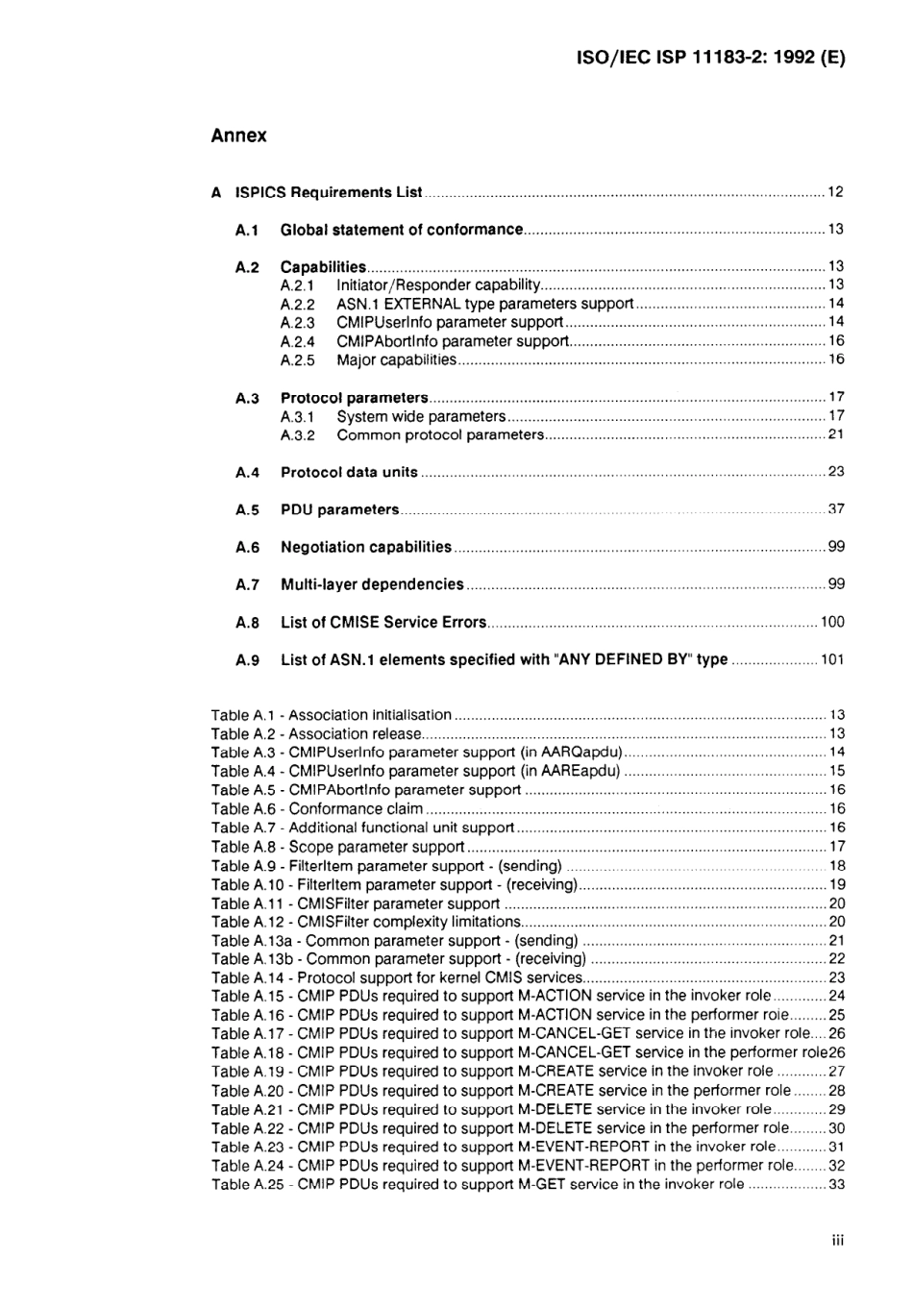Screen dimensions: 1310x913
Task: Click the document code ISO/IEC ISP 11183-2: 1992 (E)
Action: (x=710, y=57)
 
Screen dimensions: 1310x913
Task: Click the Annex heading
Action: (x=238, y=136)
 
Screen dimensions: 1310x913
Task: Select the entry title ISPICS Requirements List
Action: (x=329, y=192)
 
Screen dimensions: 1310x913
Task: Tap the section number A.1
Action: (x=247, y=230)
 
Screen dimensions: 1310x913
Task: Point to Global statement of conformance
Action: (x=401, y=230)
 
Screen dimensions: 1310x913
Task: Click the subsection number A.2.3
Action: (x=297, y=323)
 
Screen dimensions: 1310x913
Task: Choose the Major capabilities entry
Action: (x=396, y=360)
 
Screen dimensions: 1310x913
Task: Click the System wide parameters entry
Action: (x=420, y=416)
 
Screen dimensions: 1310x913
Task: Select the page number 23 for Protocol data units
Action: (x=835, y=472)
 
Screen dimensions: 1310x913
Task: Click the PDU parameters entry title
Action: (x=339, y=509)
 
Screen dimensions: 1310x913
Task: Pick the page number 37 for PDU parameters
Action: (x=835, y=509)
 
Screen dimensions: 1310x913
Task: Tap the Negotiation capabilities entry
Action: (x=365, y=547)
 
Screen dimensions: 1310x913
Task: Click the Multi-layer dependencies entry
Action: (x=372, y=584)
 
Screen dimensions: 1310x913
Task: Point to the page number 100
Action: (x=831, y=622)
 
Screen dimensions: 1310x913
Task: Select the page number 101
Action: (x=831, y=659)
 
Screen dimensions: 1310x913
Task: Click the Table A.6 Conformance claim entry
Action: (x=317, y=809)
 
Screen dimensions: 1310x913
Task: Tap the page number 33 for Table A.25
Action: (x=836, y=1184)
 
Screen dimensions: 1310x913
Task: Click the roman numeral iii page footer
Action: (x=837, y=1241)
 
